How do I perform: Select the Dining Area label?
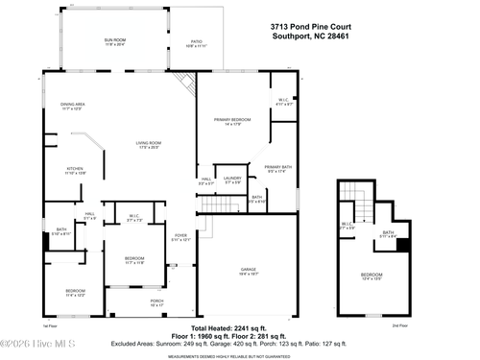(74, 107)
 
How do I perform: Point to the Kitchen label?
(74, 171)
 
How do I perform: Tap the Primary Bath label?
(278, 169)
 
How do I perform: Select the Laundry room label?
(232, 180)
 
